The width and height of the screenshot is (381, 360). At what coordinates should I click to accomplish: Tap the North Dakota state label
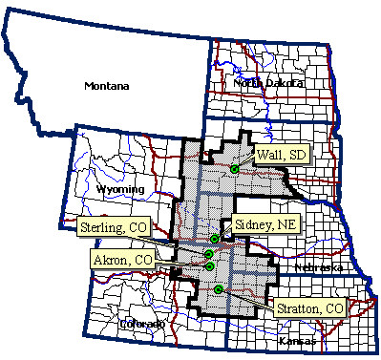(267, 83)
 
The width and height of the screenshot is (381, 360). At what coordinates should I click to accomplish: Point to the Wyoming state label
(121, 189)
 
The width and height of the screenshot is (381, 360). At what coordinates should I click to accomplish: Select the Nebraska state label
(316, 267)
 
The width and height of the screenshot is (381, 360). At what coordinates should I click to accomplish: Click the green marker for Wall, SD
(234, 169)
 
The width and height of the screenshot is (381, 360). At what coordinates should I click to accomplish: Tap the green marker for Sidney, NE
(216, 238)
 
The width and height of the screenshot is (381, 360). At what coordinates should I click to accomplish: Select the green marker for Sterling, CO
(208, 254)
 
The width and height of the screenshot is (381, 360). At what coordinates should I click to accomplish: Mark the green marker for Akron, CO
(209, 266)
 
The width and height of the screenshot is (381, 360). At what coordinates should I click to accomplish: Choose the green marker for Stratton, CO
(219, 289)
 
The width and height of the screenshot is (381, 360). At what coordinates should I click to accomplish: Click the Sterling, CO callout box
(113, 230)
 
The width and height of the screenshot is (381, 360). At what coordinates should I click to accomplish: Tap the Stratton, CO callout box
(308, 308)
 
